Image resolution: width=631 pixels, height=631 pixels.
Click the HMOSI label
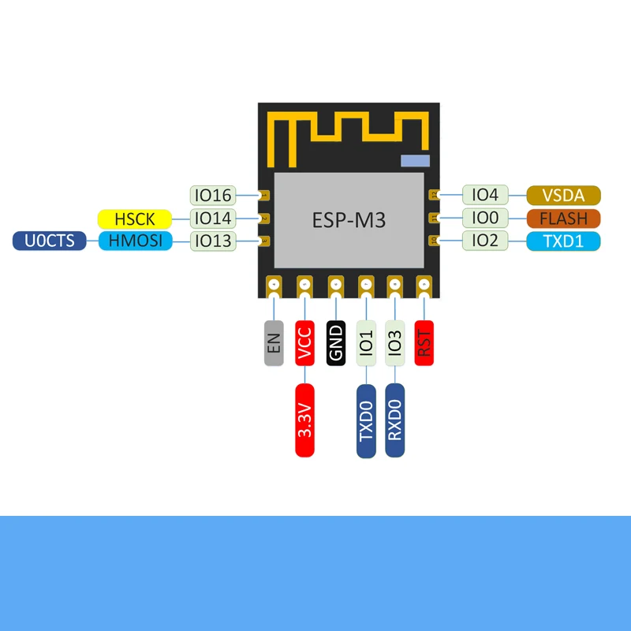135,241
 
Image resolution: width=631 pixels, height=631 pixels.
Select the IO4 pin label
485,195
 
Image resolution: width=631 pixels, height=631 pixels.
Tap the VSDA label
563,196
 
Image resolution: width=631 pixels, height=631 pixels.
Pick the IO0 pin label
485,218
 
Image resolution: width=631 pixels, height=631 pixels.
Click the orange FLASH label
563,218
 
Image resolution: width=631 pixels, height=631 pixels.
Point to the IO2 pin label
485,241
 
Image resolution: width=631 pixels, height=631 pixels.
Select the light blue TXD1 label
563,241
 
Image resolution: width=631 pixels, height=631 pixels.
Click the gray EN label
274,342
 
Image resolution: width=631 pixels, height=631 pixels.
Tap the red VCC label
304,342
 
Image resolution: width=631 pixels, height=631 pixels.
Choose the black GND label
335,342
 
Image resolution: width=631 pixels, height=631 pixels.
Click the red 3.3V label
304,420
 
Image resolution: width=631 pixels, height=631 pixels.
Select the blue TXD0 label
366,420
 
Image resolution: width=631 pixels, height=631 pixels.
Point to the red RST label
424,342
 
